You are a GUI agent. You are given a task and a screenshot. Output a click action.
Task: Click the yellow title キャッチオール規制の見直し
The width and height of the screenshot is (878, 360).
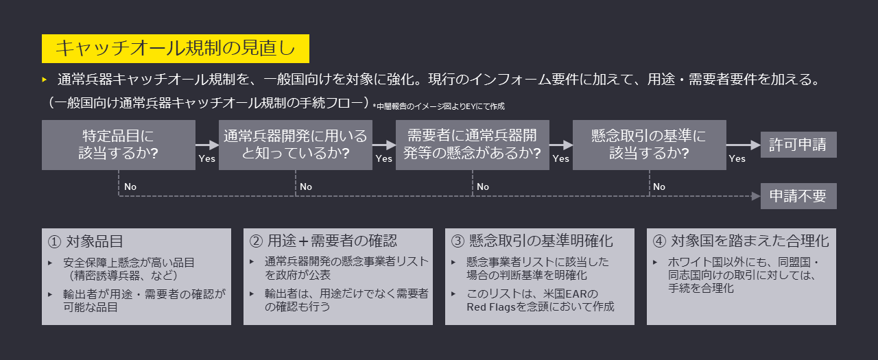tap(175, 49)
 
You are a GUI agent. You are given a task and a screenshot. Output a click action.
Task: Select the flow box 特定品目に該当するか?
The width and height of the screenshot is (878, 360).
tap(119, 145)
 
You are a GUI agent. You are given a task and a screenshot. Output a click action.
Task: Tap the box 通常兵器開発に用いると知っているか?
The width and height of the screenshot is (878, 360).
tap(295, 145)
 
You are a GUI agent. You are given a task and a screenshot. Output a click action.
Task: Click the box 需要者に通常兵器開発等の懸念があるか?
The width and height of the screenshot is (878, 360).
tap(472, 145)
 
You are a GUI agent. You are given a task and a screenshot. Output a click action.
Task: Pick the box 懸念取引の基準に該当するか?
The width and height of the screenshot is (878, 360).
tap(649, 145)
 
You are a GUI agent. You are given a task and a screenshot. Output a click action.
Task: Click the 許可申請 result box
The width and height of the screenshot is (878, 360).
tap(798, 145)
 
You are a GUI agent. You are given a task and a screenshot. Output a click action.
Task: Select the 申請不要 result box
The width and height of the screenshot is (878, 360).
tap(798, 196)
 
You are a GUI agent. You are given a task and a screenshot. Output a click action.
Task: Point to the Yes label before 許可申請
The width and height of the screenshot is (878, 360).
tap(737, 159)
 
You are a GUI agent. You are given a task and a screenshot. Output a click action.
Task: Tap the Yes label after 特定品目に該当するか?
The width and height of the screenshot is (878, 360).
tap(206, 159)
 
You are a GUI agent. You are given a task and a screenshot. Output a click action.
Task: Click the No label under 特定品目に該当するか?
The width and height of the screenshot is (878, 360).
tap(130, 187)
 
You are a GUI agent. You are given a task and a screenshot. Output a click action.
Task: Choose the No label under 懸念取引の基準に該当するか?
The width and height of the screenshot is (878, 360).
tap(659, 187)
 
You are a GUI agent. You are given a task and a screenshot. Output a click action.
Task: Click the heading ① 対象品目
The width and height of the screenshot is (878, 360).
tap(86, 241)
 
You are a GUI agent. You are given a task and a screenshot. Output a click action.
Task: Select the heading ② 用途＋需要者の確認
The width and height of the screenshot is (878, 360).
tap(323, 241)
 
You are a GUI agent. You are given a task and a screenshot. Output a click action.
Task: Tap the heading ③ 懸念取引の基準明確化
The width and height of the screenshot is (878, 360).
tap(532, 241)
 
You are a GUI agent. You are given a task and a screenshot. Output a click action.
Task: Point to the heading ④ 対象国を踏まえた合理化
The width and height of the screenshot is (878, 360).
tap(741, 241)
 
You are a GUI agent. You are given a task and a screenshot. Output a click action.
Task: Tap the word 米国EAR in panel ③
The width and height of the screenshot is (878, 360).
tap(576, 294)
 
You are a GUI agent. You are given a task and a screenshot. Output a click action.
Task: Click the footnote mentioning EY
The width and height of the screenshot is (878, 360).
tap(439, 106)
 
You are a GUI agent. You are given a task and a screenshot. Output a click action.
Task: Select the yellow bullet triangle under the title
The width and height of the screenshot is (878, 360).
tap(45, 80)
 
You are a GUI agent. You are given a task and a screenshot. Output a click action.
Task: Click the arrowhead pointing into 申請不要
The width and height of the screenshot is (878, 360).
tap(755, 196)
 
